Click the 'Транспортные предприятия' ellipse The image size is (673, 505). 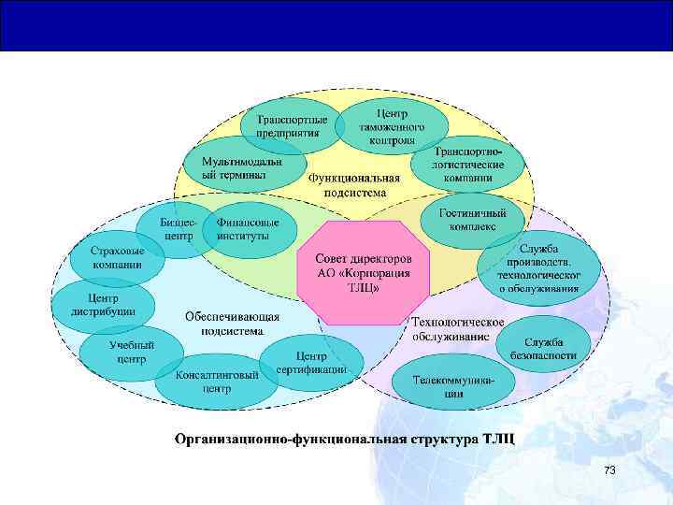(x=293, y=126)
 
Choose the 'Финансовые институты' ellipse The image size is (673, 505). (x=248, y=230)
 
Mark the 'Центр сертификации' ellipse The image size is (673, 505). (x=310, y=363)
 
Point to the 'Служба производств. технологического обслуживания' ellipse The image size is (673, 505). (x=539, y=268)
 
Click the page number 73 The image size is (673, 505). (x=609, y=469)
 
